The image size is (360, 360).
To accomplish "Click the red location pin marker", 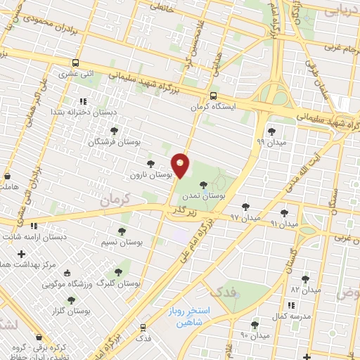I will [181, 165].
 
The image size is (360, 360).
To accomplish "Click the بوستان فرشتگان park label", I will [114, 142].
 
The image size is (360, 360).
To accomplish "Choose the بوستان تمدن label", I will [205, 195].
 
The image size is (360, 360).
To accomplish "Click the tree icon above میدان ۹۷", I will [245, 207].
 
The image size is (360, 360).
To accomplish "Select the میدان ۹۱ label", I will [284, 224].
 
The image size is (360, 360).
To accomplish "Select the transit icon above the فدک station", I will [143, 328].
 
